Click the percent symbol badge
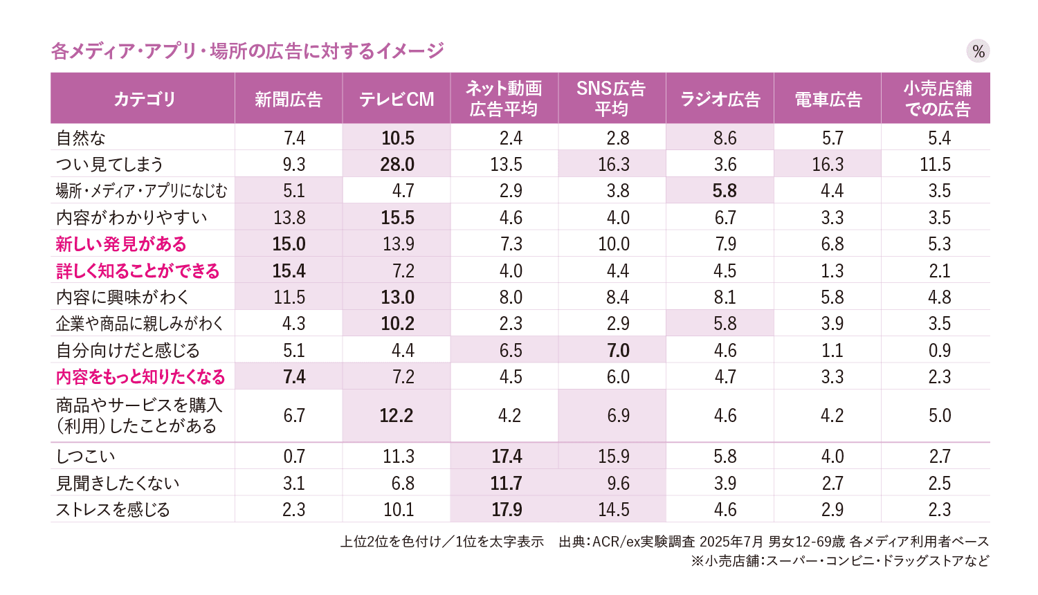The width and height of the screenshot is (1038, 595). (x=978, y=51)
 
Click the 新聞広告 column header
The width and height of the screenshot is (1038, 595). (x=289, y=99)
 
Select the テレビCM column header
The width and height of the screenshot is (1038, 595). (x=397, y=99)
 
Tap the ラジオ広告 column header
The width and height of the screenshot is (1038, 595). (x=720, y=99)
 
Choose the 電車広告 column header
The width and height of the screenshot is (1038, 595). (x=828, y=99)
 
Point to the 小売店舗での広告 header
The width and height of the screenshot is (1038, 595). (x=937, y=99)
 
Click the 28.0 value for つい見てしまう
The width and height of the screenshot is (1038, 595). (x=397, y=164)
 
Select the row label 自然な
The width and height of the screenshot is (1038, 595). (x=81, y=138)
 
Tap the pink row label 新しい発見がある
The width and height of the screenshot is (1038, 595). (x=121, y=244)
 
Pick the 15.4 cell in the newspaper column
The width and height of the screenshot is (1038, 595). (x=289, y=271)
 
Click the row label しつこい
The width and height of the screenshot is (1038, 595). (x=85, y=456)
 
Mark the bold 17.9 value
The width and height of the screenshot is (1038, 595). (x=507, y=509)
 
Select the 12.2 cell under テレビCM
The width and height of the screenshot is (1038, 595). (x=397, y=415)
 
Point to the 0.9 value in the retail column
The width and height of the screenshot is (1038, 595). (x=939, y=350)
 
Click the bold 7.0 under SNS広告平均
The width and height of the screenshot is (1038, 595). (x=618, y=350)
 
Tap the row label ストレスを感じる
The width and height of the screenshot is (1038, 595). (x=113, y=509)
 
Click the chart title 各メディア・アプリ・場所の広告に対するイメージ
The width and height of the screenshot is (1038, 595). (x=247, y=51)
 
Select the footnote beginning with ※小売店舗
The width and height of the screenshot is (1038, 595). (x=839, y=560)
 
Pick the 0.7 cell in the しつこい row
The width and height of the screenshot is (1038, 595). (x=294, y=456)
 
